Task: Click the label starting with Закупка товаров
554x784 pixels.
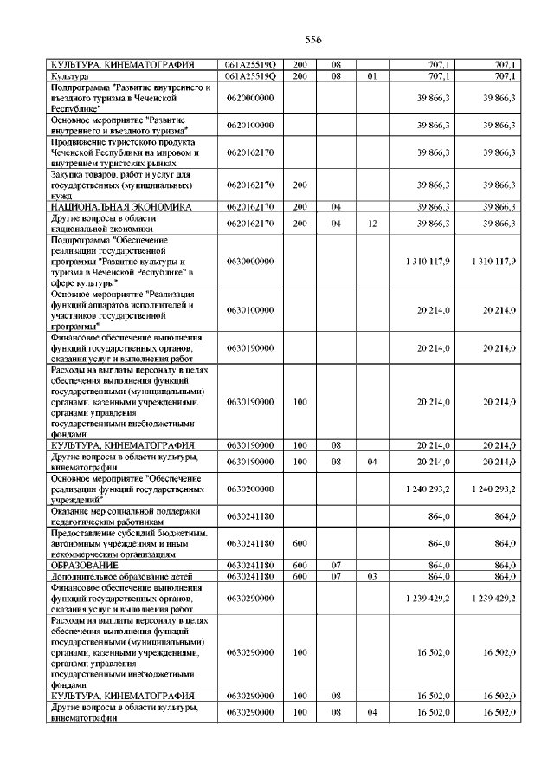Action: pos(120,185)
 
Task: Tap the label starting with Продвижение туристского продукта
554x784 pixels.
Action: pos(120,152)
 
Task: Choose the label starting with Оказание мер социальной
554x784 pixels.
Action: pos(120,517)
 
